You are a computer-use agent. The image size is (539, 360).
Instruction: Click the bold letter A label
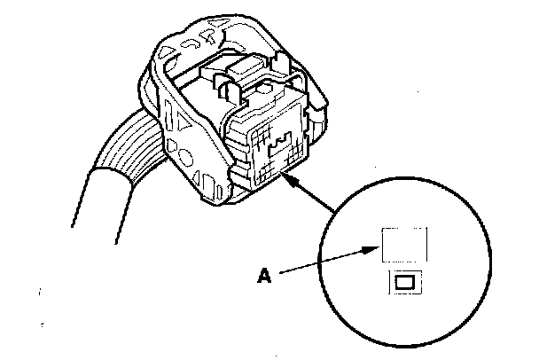263,276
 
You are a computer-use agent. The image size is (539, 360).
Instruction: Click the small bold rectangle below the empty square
403,283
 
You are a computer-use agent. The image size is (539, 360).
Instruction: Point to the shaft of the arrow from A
324,263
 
